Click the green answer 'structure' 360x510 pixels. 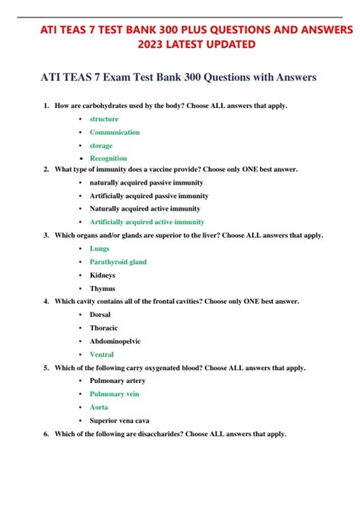pyautogui.click(x=103, y=119)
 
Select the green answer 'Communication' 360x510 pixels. pyautogui.click(x=114, y=132)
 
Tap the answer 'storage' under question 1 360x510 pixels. pyautogui.click(x=101, y=145)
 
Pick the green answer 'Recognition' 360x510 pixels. pyautogui.click(x=109, y=158)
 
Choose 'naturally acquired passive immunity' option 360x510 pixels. pyautogui.click(x=146, y=182)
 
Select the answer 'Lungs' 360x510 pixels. pyautogui.click(x=99, y=249)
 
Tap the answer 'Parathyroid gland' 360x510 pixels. pyautogui.click(x=118, y=261)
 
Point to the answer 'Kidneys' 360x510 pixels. pyautogui.click(x=103, y=274)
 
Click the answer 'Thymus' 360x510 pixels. pyautogui.click(x=103, y=288)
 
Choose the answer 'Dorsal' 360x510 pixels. pyautogui.click(x=101, y=315)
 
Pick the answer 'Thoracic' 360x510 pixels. pyautogui.click(x=104, y=328)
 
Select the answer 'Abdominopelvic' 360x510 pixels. pyautogui.click(x=115, y=341)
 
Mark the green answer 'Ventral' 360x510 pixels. pyautogui.click(x=102, y=354)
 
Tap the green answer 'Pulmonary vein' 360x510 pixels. pyautogui.click(x=114, y=394)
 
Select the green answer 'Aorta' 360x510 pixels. pyautogui.click(x=99, y=407)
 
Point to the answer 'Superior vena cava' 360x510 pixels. pyautogui.click(x=119, y=420)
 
